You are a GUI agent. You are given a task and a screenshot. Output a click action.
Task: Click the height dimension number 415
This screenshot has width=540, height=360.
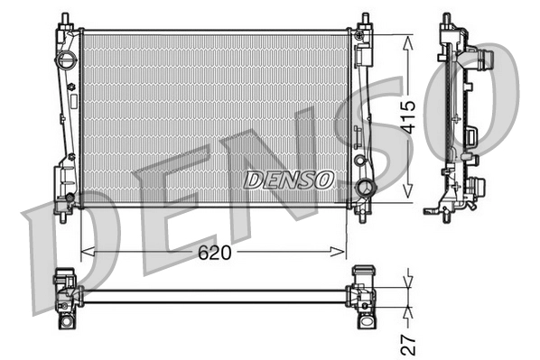pos(407,115)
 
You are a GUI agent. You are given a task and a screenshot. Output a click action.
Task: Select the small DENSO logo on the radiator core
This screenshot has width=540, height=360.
pos(288,179)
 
